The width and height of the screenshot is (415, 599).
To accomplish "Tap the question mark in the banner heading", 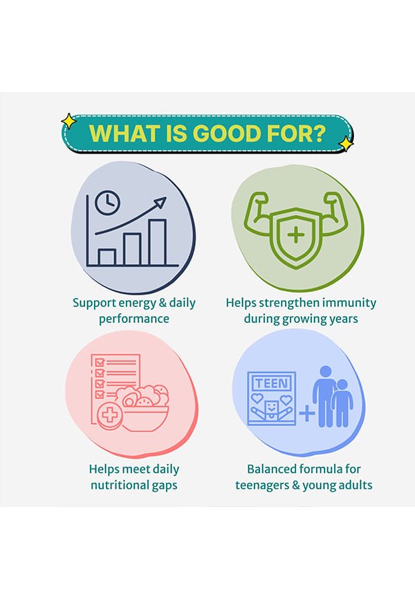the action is coord(319,133).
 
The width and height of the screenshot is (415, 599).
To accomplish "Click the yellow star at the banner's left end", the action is coord(68,121).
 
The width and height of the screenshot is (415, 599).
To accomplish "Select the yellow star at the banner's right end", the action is coord(346,144).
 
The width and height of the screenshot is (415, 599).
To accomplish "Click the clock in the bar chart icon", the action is coord(107,203).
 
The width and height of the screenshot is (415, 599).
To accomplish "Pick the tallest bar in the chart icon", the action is coord(158,242).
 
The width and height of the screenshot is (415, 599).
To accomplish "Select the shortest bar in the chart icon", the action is coord(107,257).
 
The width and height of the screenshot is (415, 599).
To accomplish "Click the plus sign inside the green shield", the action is coord(296,234).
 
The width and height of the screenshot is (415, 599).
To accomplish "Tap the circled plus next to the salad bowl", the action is coord(110,416).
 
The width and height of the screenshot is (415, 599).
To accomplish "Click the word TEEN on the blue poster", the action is coord(272,383).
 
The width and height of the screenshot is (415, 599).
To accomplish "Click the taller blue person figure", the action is coord(324,396).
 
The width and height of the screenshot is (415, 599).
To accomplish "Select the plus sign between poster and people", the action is coord(307,414).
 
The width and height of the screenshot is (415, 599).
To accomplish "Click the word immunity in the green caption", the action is coord(349,303).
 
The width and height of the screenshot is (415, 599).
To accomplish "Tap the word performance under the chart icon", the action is coord(134,320).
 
